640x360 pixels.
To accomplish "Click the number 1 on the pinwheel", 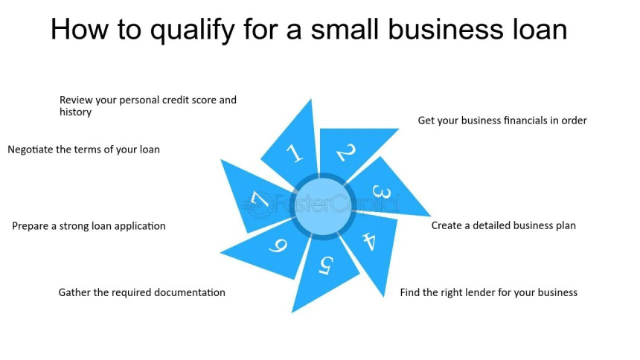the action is coord(294,153).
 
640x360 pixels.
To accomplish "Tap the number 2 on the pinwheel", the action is coord(346,152).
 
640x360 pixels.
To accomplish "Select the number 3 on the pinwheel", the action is coord(382,192).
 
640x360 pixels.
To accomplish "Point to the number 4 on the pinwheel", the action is coord(369,241).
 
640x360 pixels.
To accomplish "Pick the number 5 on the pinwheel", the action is coord(326,266).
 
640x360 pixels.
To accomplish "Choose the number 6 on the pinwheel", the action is coord(278,245).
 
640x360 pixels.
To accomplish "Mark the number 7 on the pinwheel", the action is coord(260,200).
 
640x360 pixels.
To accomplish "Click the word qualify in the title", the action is coord(193,30).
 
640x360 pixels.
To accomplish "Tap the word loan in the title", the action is coord(540,29).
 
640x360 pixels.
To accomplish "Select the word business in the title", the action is coord(446,29).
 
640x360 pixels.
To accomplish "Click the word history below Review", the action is coord(75,112).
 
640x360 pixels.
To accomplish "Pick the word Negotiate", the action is coord(31,150).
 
